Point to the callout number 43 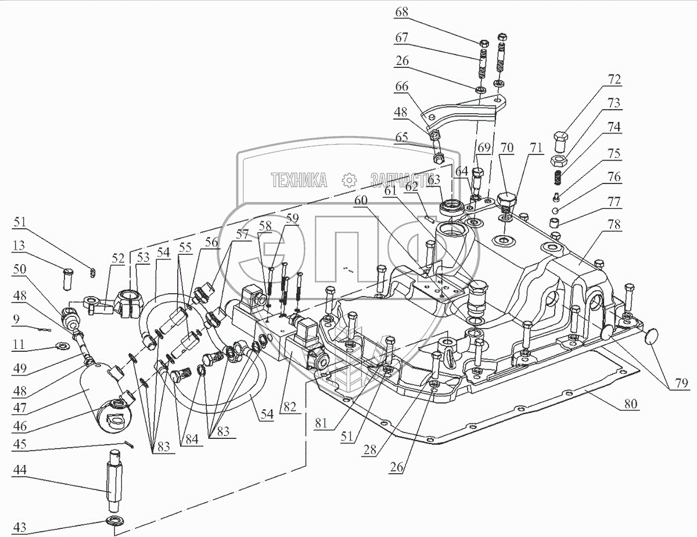(20, 528)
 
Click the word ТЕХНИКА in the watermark (299, 181)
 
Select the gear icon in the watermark (348, 181)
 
